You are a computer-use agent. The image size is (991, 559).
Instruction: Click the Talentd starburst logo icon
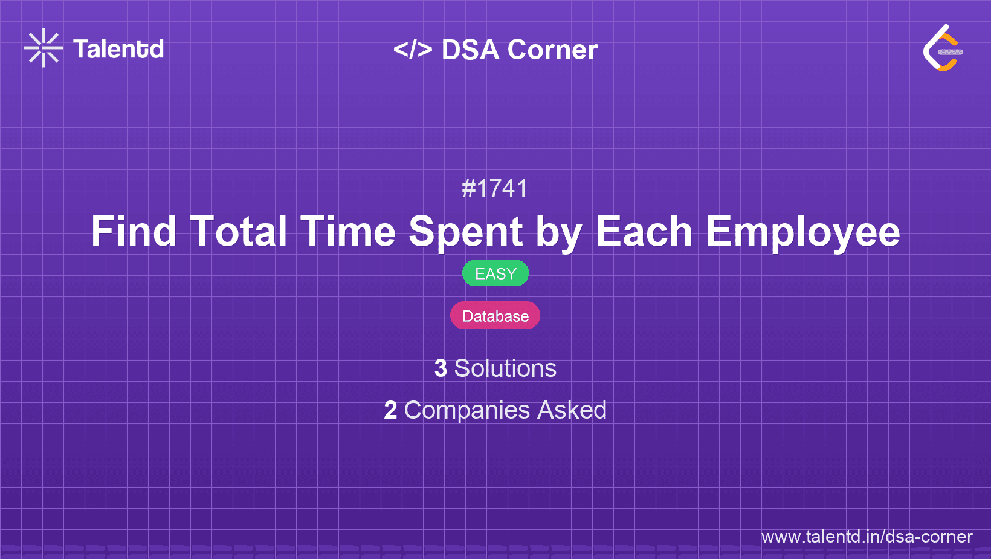(44, 48)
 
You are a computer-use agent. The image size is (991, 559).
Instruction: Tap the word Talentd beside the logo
(118, 49)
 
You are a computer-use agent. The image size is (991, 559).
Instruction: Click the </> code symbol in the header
(413, 50)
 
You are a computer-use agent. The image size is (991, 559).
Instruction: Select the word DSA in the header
(471, 50)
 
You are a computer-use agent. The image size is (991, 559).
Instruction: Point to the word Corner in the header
(552, 50)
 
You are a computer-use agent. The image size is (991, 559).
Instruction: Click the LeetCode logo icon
(943, 48)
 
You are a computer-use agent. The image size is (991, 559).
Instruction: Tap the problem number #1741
(495, 188)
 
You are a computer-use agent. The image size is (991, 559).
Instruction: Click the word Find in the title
(134, 232)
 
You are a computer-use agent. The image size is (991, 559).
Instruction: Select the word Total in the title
(239, 232)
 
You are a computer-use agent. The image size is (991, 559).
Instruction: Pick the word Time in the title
(348, 232)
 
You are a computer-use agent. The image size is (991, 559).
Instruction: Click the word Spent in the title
(466, 232)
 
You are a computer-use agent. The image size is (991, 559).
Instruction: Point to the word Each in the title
(644, 232)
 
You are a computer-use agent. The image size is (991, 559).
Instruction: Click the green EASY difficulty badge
(495, 273)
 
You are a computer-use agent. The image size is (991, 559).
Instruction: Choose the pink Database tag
(495, 316)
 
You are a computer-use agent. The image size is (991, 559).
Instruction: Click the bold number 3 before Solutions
(441, 368)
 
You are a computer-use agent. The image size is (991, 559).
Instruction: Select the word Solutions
(505, 368)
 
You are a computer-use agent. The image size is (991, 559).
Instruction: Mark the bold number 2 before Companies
(390, 410)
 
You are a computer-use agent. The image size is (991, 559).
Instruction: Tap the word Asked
(572, 410)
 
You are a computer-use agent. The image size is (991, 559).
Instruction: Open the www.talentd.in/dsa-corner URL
(867, 537)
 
